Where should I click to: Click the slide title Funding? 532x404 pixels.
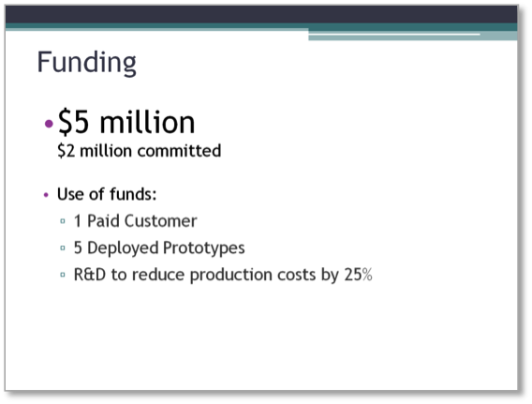(86, 63)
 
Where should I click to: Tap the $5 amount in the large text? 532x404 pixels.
(74, 122)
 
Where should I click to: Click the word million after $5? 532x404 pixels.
(147, 121)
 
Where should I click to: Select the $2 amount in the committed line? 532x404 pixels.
(66, 151)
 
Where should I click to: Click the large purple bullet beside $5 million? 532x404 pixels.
(49, 123)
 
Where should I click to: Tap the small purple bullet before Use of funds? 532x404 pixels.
(46, 195)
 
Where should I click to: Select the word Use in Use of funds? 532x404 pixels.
(70, 194)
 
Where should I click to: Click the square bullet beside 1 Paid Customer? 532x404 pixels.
(63, 221)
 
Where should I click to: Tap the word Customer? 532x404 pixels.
(160, 221)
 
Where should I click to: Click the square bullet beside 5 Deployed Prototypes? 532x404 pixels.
(63, 247)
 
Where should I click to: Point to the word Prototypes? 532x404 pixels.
(204, 248)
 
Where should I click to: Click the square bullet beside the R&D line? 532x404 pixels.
(63, 275)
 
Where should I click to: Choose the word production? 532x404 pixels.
(231, 275)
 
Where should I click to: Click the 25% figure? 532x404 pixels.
(359, 275)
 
